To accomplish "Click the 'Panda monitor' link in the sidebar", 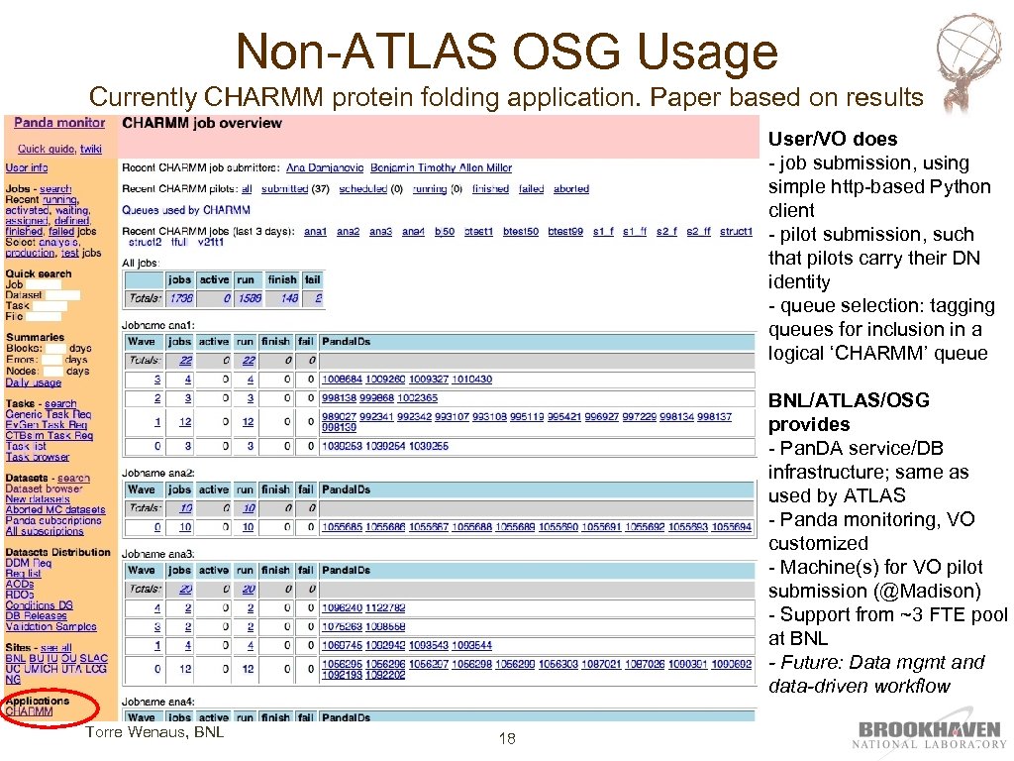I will tap(59, 123).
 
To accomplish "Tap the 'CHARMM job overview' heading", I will tap(202, 123).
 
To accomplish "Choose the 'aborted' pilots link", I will tap(571, 188).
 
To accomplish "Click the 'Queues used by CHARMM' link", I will tap(186, 210).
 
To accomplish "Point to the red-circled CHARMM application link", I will tap(30, 711).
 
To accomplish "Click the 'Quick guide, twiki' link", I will tap(59, 149).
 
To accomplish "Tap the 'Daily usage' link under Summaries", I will tap(34, 382).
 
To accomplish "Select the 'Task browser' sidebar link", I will tap(38, 457).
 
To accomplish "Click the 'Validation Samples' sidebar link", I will tap(51, 626).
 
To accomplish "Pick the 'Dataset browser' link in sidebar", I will tap(45, 489).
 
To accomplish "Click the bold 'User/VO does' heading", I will tap(833, 139).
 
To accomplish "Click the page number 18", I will tap(507, 738).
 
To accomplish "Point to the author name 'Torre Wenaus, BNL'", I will tap(154, 732).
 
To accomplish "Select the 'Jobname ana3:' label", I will tap(158, 552).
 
